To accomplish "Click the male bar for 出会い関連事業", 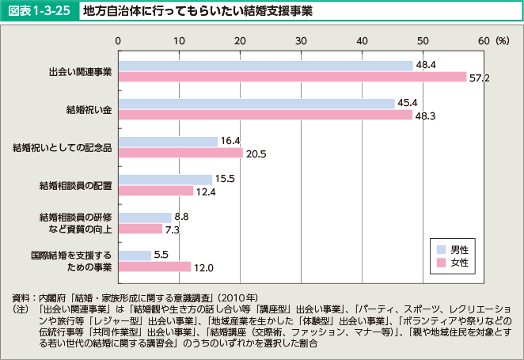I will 265,66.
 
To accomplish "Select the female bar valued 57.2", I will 292,77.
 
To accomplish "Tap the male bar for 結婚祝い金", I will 256,104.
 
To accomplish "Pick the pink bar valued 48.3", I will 265,115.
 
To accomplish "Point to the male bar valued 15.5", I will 165,180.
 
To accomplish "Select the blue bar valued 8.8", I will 145,217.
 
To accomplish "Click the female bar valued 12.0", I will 154,267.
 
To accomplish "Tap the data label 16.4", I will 231,141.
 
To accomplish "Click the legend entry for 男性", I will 458,249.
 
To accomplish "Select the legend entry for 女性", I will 458,262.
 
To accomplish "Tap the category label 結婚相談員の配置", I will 75,185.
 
